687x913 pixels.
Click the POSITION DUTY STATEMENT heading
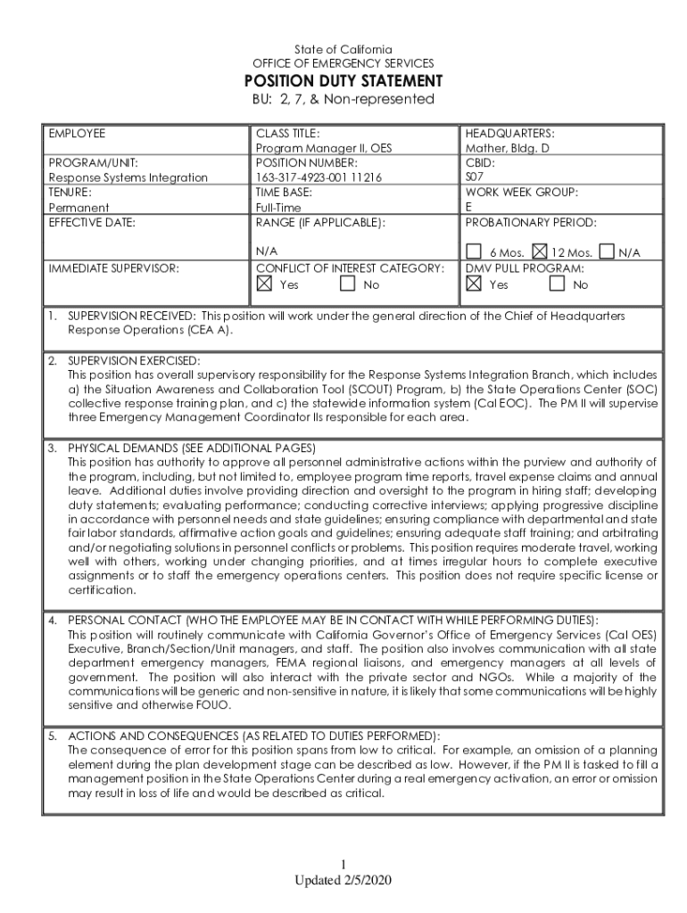pyautogui.click(x=343, y=81)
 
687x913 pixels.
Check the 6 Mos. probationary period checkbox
pyautogui.click(x=474, y=252)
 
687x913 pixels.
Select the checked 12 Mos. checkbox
pyautogui.click(x=540, y=252)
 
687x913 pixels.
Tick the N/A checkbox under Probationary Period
pyautogui.click(x=608, y=252)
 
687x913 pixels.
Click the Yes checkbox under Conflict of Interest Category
pyautogui.click(x=263, y=284)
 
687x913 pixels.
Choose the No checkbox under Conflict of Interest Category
pyautogui.click(x=348, y=284)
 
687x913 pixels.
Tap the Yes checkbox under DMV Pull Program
pyautogui.click(x=474, y=284)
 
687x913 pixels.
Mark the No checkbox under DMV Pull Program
pyautogui.click(x=557, y=284)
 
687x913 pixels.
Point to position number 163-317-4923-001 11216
pyautogui.click(x=319, y=177)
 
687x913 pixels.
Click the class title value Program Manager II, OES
pyautogui.click(x=323, y=148)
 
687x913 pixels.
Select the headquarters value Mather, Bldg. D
pyautogui.click(x=507, y=148)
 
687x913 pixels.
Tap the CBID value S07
pyautogui.click(x=475, y=177)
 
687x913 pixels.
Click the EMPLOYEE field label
pyautogui.click(x=77, y=134)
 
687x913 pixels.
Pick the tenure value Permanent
pyautogui.click(x=79, y=207)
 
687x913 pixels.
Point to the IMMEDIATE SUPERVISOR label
pyautogui.click(x=113, y=267)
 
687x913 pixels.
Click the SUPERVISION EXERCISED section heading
pyautogui.click(x=135, y=360)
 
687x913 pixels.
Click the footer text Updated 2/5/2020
pyautogui.click(x=343, y=880)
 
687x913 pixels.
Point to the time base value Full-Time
pyautogui.click(x=278, y=207)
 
